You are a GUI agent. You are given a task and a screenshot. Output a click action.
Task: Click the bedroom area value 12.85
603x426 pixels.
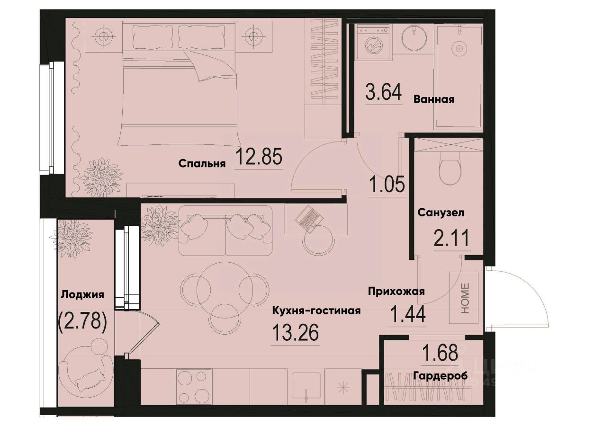[259, 157]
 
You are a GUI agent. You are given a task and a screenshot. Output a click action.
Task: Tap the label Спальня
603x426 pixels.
[201, 164]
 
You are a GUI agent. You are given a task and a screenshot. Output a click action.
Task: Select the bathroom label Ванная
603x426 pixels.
[433, 99]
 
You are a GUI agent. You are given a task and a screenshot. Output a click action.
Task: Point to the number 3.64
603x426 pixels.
[384, 92]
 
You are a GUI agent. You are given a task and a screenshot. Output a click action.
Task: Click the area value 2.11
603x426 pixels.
[452, 238]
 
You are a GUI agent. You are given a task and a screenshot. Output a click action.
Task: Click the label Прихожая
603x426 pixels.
[396, 292]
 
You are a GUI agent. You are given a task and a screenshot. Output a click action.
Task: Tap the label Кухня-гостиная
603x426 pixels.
[316, 311]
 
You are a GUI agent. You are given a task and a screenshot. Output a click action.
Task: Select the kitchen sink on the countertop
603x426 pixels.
[306, 386]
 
